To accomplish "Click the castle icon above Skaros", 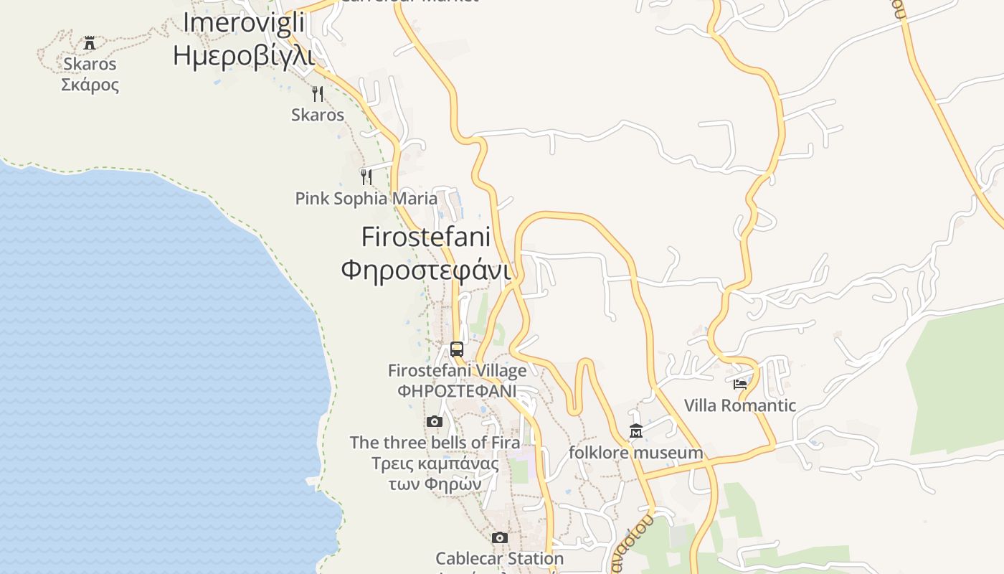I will (x=90, y=43).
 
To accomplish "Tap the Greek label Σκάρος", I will (x=90, y=85).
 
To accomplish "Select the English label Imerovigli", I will (x=244, y=22).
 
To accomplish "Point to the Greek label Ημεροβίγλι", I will (x=244, y=55).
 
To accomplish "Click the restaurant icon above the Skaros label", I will (x=318, y=93).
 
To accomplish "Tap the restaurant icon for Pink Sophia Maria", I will (x=366, y=177).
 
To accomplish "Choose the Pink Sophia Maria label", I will (x=366, y=199).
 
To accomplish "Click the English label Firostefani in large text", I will (x=426, y=237).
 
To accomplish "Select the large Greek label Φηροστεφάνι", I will (x=426, y=270).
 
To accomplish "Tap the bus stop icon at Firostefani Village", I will (x=457, y=349).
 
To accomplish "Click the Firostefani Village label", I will (x=457, y=371).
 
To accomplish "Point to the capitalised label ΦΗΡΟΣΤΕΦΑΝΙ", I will (x=457, y=391).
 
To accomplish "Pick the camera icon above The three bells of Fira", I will (x=435, y=421).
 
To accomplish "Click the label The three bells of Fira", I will (x=435, y=443).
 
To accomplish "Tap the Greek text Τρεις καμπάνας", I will (x=435, y=463).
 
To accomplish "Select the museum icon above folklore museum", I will (x=635, y=431).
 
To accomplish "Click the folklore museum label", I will (x=635, y=453).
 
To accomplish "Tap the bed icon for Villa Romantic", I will (x=740, y=384).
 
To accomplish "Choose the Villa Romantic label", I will (x=740, y=405).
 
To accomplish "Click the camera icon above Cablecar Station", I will (x=500, y=537).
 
